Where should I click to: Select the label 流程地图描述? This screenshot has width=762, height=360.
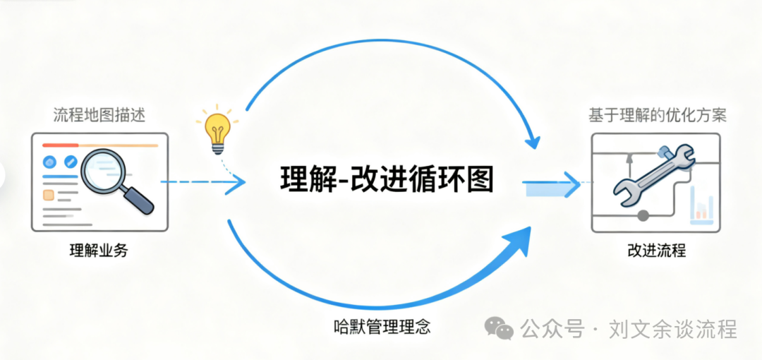pyautogui.click(x=99, y=116)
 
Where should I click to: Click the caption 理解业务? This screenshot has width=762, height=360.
pyautogui.click(x=99, y=251)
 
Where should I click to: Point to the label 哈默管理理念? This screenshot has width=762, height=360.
pyautogui.click(x=382, y=325)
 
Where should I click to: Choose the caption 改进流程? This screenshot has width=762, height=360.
pyautogui.click(x=656, y=251)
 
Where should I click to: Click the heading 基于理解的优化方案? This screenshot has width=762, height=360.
pyautogui.click(x=658, y=116)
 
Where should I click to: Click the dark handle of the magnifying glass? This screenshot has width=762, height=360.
pyautogui.click(x=138, y=200)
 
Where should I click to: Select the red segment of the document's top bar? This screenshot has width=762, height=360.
pyautogui.click(x=60, y=145)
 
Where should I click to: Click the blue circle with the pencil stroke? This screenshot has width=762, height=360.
pyautogui.click(x=71, y=162)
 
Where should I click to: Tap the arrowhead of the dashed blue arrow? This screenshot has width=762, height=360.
pyautogui.click(x=236, y=182)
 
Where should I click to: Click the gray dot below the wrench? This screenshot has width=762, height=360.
pyautogui.click(x=643, y=215)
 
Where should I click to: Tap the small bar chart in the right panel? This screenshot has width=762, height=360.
pyautogui.click(x=702, y=208)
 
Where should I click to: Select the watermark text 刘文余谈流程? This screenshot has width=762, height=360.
pyautogui.click(x=672, y=329)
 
